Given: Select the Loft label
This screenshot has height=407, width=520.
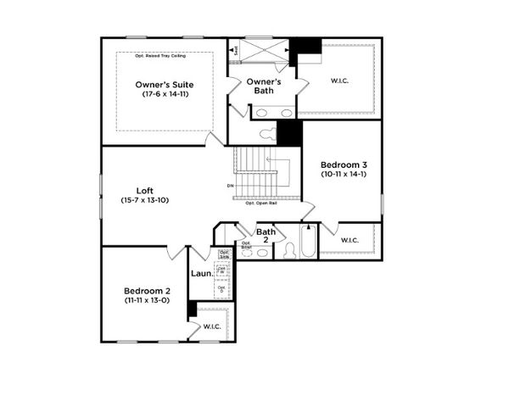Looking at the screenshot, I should pyautogui.click(x=144, y=190).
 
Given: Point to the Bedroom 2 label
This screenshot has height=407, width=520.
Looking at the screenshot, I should pyautogui.click(x=147, y=289).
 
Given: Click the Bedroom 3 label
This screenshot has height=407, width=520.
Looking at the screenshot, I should pyautogui.click(x=343, y=164).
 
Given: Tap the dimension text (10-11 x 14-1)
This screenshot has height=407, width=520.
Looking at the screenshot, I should pyautogui.click(x=343, y=174).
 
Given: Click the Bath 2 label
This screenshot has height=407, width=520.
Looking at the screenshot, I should pyautogui.click(x=266, y=236).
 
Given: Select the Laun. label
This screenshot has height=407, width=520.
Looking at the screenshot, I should pyautogui.click(x=201, y=274).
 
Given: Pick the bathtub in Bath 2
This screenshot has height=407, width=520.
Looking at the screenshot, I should pyautogui.click(x=309, y=243).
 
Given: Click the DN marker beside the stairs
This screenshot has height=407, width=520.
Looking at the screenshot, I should pyautogui.click(x=231, y=186).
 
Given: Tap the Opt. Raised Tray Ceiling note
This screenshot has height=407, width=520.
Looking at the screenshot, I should pyautogui.click(x=165, y=56).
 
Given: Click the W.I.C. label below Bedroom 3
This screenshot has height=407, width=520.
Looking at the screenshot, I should pyautogui.click(x=350, y=240).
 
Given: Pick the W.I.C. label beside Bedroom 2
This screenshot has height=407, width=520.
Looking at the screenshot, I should pyautogui.click(x=211, y=326).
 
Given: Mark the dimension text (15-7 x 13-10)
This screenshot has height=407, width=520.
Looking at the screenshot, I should pyautogui.click(x=144, y=200).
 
